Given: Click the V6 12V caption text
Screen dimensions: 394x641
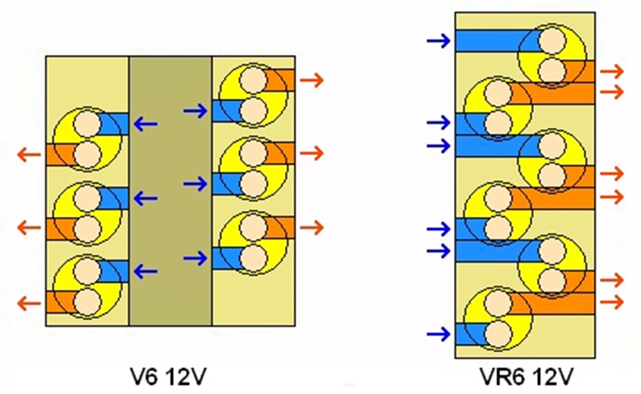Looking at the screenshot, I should [x=169, y=376].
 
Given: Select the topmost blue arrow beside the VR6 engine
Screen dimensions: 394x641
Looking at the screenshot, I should [x=439, y=40].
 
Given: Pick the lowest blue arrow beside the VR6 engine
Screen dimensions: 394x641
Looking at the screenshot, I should [x=439, y=333].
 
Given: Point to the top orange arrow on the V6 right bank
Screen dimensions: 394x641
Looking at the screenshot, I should [x=311, y=80].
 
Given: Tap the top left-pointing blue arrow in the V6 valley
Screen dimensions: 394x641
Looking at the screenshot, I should [x=145, y=125].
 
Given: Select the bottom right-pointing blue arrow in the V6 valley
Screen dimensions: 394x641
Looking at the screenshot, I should [x=195, y=258].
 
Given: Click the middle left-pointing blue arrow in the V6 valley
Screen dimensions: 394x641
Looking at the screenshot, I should [x=145, y=198].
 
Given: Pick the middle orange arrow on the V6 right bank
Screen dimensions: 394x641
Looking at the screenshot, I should [x=311, y=152].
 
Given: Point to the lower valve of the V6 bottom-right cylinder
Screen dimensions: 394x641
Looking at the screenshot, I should [x=253, y=257].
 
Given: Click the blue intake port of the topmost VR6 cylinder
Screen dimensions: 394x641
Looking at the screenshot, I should [x=486, y=41].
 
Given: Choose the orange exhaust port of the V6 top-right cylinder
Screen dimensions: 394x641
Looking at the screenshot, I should [x=282, y=80].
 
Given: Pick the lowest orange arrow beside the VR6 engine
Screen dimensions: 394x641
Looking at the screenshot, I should [x=611, y=302].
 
